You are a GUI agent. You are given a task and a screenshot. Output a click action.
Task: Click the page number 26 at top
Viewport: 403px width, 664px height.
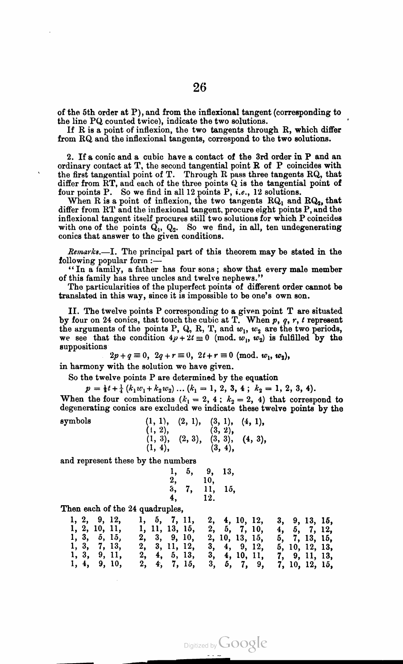coord(199,87)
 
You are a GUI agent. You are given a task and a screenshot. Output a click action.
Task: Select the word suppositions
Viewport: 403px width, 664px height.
coord(83,346)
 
